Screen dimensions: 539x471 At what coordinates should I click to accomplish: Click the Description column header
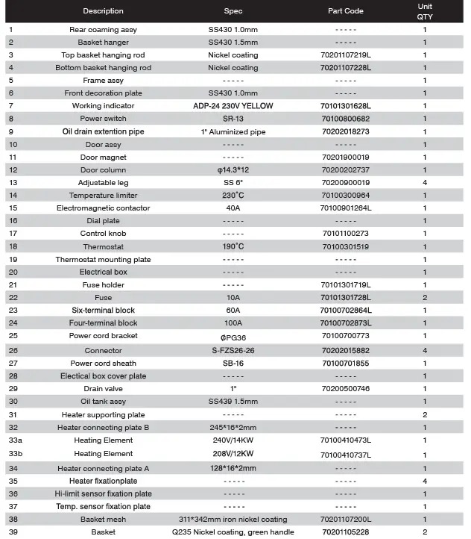(x=103, y=11)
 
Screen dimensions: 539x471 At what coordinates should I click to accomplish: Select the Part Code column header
(x=345, y=11)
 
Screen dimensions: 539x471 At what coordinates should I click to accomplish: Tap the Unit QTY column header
(x=425, y=11)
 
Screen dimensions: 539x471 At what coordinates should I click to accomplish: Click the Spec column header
(x=233, y=11)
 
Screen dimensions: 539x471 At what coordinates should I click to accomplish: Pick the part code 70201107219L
(x=345, y=55)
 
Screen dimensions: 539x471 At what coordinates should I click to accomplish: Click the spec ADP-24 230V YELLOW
(x=233, y=106)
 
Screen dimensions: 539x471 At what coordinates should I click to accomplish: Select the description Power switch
(x=103, y=119)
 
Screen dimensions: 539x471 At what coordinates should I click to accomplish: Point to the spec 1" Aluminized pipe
(x=233, y=131)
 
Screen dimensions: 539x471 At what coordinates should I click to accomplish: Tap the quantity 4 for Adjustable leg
(x=425, y=183)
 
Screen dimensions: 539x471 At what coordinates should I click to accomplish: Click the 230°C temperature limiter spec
(x=233, y=196)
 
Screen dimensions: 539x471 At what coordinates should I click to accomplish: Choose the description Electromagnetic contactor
(x=103, y=208)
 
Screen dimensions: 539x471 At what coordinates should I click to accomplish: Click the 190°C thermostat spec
(x=233, y=247)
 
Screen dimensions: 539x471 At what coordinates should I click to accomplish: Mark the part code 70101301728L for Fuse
(x=345, y=298)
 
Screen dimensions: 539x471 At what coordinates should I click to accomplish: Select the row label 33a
(x=14, y=440)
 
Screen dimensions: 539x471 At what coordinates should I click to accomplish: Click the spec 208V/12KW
(x=233, y=454)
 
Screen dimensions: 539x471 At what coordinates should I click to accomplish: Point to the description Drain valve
(x=103, y=389)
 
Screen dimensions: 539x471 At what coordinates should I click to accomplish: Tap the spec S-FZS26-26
(x=233, y=350)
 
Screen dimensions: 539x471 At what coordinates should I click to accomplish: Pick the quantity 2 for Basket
(x=425, y=532)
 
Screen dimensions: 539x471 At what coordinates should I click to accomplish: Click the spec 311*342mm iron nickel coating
(x=233, y=520)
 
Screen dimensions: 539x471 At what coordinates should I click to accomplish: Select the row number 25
(x=12, y=337)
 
